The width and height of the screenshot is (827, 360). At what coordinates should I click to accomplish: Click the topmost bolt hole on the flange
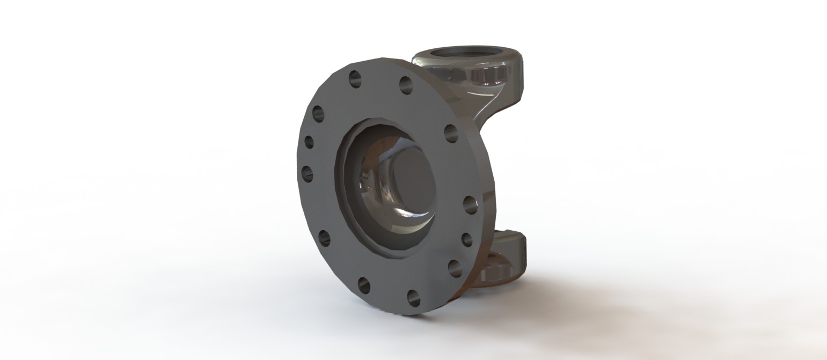point(355,79)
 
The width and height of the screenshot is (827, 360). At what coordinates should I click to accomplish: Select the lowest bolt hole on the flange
point(413,298)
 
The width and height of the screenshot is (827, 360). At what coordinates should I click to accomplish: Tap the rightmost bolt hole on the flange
point(470,204)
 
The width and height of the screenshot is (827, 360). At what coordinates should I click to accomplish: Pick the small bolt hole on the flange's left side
point(309,142)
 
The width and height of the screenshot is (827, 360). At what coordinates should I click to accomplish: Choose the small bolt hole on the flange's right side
point(467,240)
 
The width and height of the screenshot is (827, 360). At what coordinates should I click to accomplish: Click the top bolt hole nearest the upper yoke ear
point(406,85)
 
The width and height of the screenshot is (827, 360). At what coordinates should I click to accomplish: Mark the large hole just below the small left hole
point(308,173)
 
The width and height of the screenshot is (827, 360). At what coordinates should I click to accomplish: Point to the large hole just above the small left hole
point(318,114)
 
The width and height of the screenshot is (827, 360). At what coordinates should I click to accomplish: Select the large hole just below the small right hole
point(455,268)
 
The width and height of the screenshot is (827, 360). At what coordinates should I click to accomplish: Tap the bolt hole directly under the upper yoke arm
point(451,133)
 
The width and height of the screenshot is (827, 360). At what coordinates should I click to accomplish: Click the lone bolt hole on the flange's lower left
point(324,238)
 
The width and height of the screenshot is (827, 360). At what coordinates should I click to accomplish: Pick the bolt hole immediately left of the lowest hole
point(364,285)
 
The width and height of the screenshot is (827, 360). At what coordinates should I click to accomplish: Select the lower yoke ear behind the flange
point(507,255)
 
